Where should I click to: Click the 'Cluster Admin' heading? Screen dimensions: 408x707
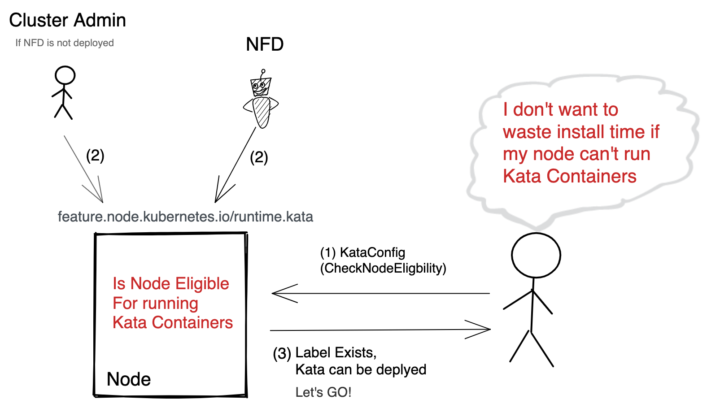click(67, 20)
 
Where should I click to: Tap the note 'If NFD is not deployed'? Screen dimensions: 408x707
click(64, 43)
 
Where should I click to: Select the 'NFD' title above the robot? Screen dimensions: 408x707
click(265, 44)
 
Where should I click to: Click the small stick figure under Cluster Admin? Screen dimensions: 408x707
click(64, 93)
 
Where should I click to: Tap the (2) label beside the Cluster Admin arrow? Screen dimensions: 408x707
click(95, 156)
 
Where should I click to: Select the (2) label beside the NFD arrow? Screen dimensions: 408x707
click(259, 157)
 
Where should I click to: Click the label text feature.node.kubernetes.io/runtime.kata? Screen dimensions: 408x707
click(185, 217)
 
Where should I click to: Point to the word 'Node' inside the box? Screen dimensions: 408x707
click(129, 379)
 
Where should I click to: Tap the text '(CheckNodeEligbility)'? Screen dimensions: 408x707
click(383, 268)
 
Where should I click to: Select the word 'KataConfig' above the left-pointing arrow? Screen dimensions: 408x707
click(372, 252)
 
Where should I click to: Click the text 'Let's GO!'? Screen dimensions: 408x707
click(323, 392)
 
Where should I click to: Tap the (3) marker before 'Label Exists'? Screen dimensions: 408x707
click(282, 353)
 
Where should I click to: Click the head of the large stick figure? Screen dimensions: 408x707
click(536, 255)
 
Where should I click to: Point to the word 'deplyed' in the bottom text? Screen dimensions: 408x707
click(401, 370)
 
